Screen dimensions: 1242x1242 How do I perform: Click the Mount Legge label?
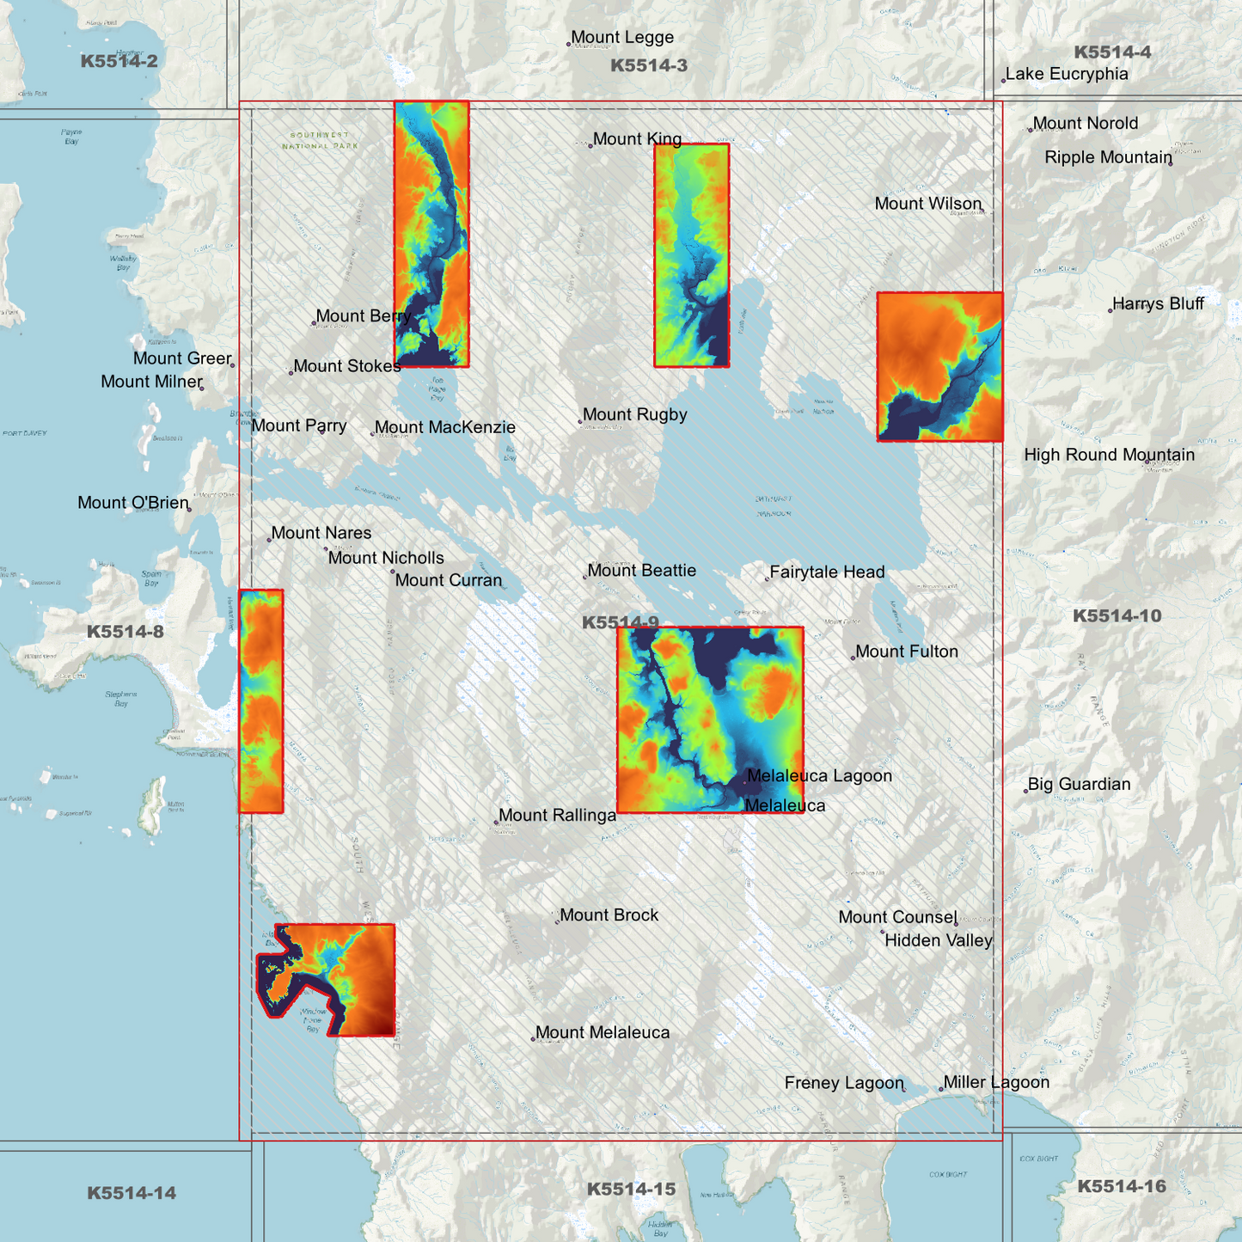[621, 38]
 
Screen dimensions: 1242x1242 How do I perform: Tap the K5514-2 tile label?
[119, 61]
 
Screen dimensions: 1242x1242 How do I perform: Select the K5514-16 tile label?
[1122, 1186]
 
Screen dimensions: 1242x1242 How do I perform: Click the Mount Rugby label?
[634, 414]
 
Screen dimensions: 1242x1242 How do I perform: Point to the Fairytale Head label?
[826, 572]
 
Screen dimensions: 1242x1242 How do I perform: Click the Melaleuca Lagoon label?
[819, 775]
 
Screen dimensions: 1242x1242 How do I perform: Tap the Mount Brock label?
[609, 915]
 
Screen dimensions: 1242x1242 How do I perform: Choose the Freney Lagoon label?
[844, 1083]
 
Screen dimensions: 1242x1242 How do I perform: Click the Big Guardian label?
[1079, 784]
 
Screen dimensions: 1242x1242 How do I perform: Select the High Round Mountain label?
[1109, 455]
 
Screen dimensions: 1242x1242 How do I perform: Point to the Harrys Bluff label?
[1158, 303]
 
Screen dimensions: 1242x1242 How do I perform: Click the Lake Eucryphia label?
[1066, 74]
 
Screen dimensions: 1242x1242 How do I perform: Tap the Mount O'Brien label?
[133, 503]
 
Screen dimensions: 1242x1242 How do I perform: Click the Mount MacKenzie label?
[444, 427]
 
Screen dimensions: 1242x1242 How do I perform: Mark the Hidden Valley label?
[938, 940]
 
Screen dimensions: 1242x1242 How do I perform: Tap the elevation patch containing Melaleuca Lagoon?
[710, 719]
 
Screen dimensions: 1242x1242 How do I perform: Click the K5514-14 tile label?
[132, 1192]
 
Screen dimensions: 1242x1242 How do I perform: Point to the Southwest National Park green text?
[320, 140]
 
